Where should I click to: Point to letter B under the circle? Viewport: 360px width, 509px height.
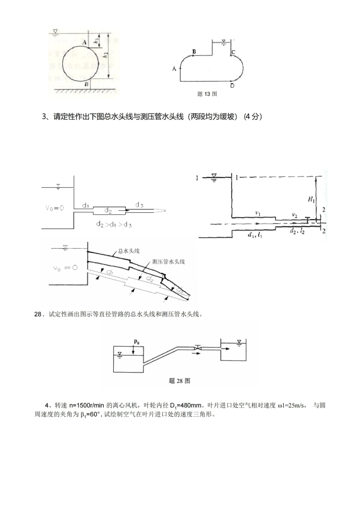tap(86, 84)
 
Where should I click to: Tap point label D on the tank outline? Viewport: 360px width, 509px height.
tap(232, 86)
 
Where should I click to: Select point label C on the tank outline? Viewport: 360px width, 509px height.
tap(233, 52)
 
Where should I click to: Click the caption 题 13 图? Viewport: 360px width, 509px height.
tap(207, 94)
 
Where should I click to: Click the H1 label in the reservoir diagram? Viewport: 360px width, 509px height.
tap(311, 199)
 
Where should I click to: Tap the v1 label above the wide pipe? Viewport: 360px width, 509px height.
tap(258, 214)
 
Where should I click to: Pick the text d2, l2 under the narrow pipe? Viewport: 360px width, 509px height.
tap(297, 231)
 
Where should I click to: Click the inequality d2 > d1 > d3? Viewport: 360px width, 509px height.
tap(114, 225)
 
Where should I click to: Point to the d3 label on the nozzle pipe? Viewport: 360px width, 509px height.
tap(139, 205)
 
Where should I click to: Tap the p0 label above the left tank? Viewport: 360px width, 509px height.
tap(137, 342)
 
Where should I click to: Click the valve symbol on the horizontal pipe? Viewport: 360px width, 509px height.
tap(197, 347)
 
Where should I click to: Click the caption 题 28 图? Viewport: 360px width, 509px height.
tap(179, 381)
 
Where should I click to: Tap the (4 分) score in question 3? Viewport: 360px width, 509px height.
tap(253, 117)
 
